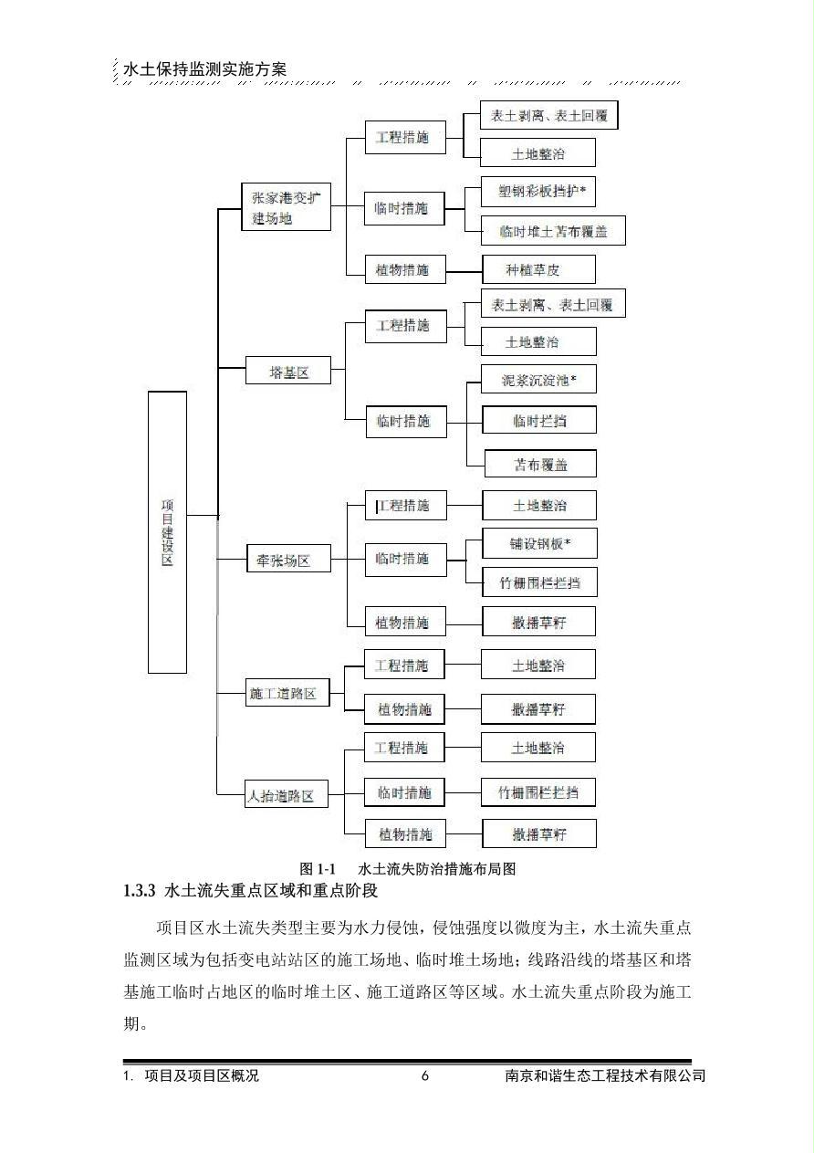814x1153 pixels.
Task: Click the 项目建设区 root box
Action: click(167, 532)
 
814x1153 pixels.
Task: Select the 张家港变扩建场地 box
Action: click(286, 206)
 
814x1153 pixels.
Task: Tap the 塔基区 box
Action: click(288, 370)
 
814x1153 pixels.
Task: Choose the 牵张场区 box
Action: click(288, 559)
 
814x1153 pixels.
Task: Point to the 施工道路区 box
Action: click(287, 692)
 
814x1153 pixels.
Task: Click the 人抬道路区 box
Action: click(286, 794)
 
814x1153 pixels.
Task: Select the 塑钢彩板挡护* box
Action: click(538, 192)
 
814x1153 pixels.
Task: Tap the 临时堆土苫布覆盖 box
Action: click(553, 231)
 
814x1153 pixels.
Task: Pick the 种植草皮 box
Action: click(538, 269)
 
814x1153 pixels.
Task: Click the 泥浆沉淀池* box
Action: click(538, 380)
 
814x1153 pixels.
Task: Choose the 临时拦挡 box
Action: click(539, 420)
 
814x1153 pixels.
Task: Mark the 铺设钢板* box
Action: click(539, 543)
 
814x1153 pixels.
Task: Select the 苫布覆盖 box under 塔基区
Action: click(540, 464)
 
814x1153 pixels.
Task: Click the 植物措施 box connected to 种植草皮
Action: click(405, 269)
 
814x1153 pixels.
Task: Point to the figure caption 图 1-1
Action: click(318, 869)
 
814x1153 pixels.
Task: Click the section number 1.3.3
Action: click(140, 891)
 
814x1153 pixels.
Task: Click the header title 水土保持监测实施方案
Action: click(204, 69)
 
